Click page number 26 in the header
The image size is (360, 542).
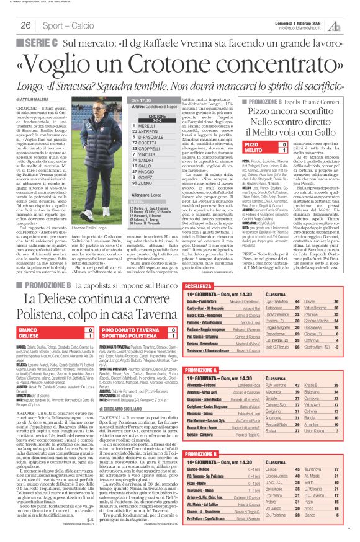(26, 26)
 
